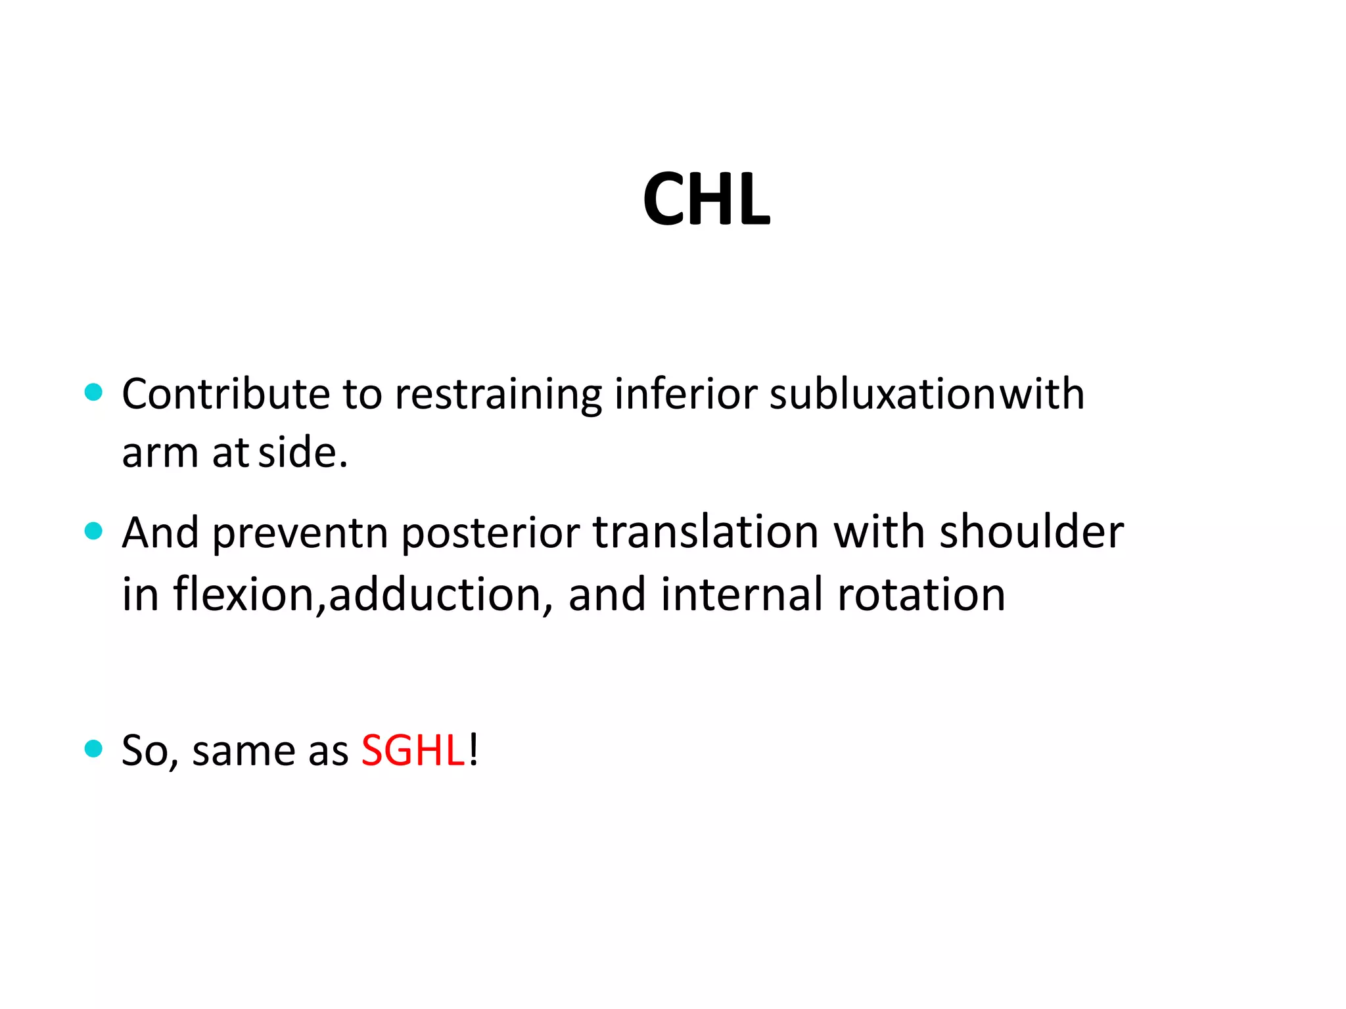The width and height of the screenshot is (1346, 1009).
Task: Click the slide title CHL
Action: click(x=706, y=199)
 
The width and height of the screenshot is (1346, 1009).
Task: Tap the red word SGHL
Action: click(x=413, y=750)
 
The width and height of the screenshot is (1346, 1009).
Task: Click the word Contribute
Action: click(x=225, y=394)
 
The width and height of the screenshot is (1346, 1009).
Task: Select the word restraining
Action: click(x=498, y=395)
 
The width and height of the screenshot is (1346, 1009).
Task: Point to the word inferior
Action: click(x=685, y=394)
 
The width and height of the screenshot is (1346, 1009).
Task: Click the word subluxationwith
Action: click(x=927, y=394)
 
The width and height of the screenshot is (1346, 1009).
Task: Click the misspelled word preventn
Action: click(x=300, y=533)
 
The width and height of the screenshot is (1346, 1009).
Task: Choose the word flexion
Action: click(x=244, y=594)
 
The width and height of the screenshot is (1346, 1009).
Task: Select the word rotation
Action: click(x=921, y=594)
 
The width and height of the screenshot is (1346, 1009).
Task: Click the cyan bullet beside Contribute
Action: click(x=94, y=393)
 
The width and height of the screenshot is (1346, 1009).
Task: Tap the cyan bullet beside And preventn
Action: click(x=94, y=531)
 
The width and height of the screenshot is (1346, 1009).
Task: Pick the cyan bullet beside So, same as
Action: click(x=94, y=748)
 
